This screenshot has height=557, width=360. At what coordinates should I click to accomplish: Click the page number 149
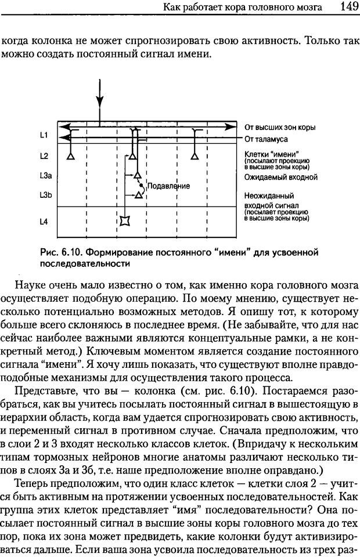tap(344, 7)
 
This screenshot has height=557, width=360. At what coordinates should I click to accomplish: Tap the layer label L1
tap(44, 135)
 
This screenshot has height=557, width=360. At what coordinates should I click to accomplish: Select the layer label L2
tap(44, 156)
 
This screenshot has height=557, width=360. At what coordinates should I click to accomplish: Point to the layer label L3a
tap(46, 175)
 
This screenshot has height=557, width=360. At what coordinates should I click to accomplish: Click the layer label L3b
tap(46, 196)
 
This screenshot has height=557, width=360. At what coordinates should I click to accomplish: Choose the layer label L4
tap(44, 221)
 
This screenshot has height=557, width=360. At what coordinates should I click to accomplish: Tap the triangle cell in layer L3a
tap(138, 175)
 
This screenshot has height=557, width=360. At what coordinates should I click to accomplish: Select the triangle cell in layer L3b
tap(138, 196)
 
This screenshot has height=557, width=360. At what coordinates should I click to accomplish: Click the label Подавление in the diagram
tap(169, 186)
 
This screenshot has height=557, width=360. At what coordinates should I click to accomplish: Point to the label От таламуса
tap(266, 139)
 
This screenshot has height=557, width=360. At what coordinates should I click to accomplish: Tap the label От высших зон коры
tap(279, 127)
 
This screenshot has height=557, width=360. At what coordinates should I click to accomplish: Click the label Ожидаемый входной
tap(280, 176)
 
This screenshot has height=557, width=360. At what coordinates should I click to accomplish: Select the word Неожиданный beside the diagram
tap(269, 196)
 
